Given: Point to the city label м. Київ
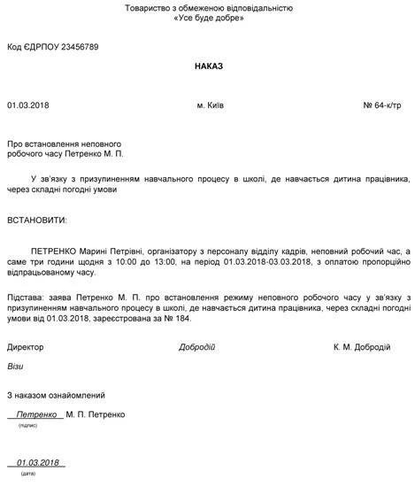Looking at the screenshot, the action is click(210, 105).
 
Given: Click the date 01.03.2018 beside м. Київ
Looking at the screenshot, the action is click(28, 105).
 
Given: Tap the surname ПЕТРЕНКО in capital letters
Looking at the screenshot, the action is click(55, 251).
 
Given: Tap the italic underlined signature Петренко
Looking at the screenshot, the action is click(36, 414).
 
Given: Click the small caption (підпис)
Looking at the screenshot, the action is click(27, 425).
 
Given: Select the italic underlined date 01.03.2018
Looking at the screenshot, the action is click(38, 462).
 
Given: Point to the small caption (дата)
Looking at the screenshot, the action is click(27, 474).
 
